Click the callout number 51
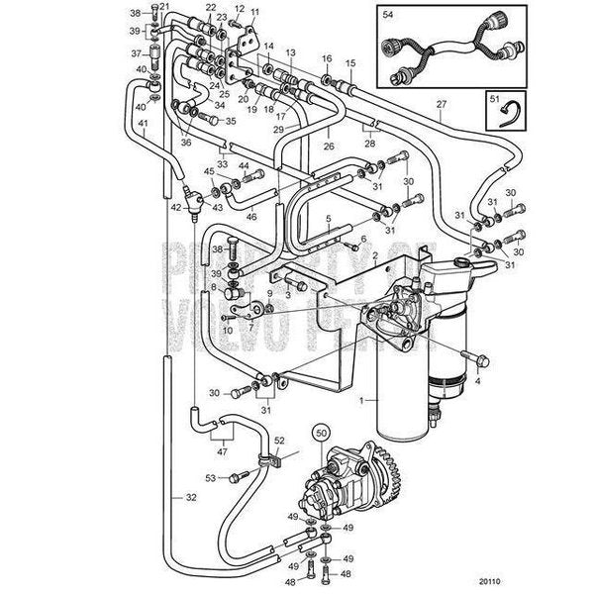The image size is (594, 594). [x=492, y=97]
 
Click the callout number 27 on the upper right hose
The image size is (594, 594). [x=442, y=103]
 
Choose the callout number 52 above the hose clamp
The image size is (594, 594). [x=279, y=440]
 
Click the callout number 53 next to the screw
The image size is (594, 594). [x=210, y=478]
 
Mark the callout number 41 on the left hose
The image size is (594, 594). [x=144, y=124]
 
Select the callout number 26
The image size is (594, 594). [x=328, y=147]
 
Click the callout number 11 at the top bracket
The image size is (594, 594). [x=254, y=12]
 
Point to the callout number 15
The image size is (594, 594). [x=349, y=63]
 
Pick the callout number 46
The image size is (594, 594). [x=251, y=215]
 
